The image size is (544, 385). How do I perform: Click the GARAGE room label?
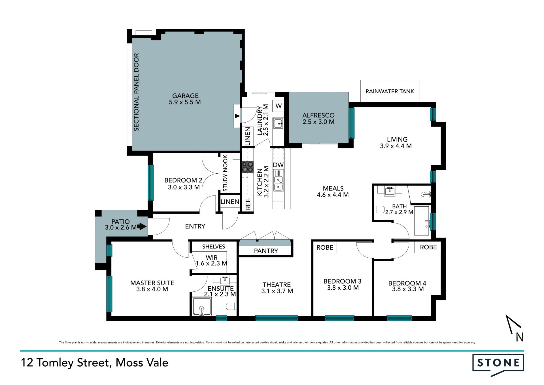(185, 96)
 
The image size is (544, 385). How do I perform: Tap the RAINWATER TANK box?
(390, 91)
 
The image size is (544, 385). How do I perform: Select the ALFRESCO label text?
(318, 115)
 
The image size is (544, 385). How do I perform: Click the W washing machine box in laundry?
(279, 106)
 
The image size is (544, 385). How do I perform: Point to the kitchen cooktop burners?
(247, 167)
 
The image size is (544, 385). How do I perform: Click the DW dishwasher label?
(278, 165)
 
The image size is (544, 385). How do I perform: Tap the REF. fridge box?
(248, 203)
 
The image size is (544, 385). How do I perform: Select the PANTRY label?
(266, 251)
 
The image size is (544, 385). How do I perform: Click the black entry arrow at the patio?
(142, 226)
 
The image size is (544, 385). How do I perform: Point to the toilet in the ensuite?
(231, 306)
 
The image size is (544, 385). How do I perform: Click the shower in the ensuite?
(202, 306)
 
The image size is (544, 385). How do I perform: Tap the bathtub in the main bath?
(422, 221)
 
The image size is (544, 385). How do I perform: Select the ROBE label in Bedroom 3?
(325, 247)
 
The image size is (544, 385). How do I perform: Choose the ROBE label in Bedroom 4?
(428, 247)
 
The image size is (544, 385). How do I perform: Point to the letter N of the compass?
(520, 337)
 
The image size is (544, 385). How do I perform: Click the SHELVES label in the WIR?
(214, 247)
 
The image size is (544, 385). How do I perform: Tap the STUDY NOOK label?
(225, 173)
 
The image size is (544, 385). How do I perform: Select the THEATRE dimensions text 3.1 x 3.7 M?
(277, 291)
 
